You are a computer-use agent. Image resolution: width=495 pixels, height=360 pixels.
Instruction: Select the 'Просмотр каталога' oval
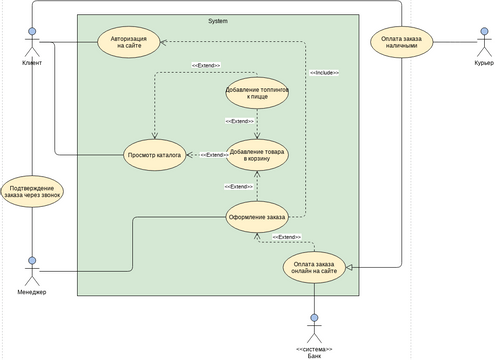coord(154,155)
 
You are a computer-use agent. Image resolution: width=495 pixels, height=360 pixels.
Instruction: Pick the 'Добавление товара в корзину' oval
coord(257,155)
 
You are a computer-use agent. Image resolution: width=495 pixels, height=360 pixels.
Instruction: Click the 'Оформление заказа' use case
coord(257,217)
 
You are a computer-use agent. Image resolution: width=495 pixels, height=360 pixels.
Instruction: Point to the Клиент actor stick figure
coord(32,40)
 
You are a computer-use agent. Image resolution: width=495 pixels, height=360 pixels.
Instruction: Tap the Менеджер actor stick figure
coord(32,270)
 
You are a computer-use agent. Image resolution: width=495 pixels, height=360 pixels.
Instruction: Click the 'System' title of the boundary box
coord(217,20)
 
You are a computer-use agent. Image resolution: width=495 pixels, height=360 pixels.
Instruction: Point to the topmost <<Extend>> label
coord(205,66)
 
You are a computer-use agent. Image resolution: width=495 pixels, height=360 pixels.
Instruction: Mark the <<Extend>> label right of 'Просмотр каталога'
coord(213,155)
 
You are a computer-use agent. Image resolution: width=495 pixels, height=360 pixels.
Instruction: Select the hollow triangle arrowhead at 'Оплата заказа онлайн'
coord(352,267)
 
